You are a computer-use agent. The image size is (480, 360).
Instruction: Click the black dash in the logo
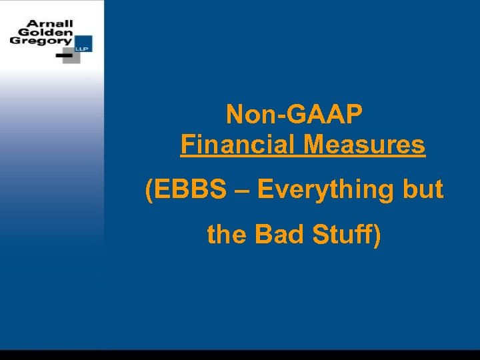pos(65,55)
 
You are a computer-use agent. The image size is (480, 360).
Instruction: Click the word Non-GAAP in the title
pos(294,114)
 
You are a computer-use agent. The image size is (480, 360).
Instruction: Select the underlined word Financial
pos(237,144)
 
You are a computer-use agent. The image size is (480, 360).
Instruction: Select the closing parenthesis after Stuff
pos(377,235)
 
